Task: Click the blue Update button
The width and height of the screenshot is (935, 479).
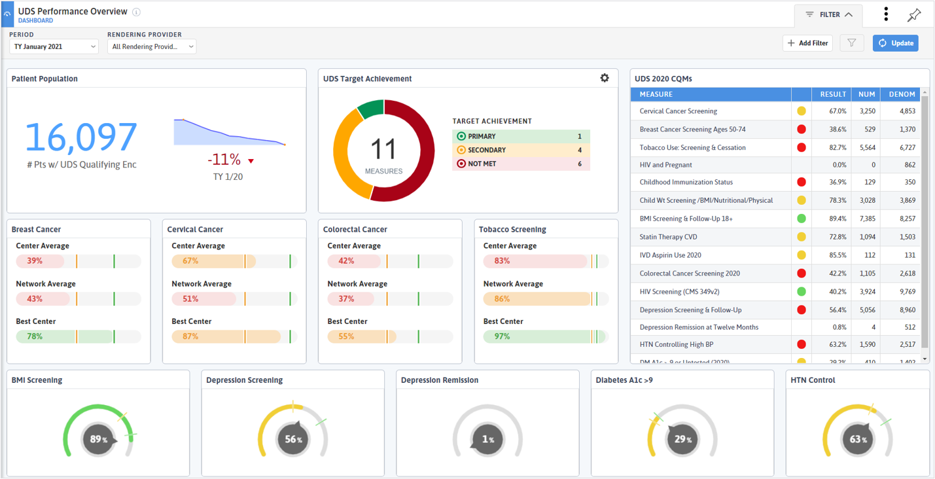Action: pos(895,43)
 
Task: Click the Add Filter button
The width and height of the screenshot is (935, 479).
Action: pos(807,43)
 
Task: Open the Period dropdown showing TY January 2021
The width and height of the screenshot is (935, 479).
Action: pos(54,46)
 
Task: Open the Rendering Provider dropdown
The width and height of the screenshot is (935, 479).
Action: pos(152,46)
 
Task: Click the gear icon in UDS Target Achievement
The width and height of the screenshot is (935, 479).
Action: pos(605,78)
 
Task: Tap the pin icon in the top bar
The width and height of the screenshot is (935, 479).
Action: pos(914,15)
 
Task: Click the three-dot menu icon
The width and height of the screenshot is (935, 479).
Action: pos(886,14)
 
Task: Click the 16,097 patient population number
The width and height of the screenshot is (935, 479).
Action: pos(81,137)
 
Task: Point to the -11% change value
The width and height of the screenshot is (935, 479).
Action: pos(224,160)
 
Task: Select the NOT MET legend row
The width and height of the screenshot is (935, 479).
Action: pos(521,164)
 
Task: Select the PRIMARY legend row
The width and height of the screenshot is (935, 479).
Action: pos(521,136)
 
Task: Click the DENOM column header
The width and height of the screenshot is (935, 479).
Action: pos(902,94)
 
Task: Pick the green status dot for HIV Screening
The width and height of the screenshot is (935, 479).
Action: pos(801,292)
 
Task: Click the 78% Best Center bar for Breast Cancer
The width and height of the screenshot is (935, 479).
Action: pos(65,336)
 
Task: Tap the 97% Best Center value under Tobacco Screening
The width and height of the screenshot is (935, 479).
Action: pos(502,336)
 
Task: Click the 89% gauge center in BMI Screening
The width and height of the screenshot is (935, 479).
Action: pos(98,439)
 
